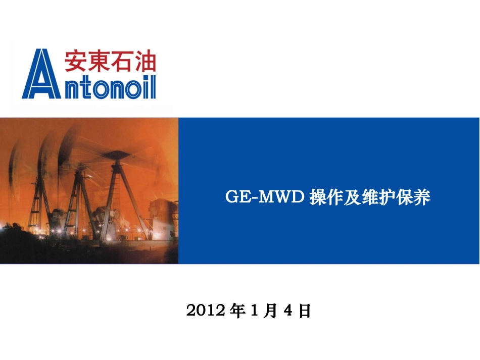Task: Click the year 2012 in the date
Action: [206, 310]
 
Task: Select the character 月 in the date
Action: [270, 310]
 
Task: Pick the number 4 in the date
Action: [288, 310]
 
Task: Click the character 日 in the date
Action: [304, 310]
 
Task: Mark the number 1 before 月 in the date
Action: [254, 310]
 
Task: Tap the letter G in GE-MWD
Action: [232, 197]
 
